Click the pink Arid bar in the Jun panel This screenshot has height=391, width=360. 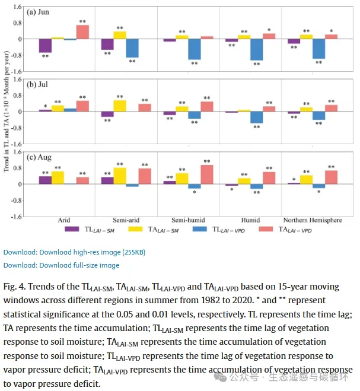pyautogui.click(x=82, y=32)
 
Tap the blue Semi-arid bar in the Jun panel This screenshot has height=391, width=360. pyautogui.click(x=132, y=49)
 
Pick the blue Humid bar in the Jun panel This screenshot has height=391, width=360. pyautogui.click(x=256, y=50)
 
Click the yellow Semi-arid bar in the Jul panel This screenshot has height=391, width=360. pyautogui.click(x=120, y=106)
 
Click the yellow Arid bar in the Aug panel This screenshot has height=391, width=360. pyautogui.click(x=58, y=177)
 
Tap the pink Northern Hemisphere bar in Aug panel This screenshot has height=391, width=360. pyautogui.click(x=331, y=177)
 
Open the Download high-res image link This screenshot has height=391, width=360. pyautogui.click(x=74, y=252)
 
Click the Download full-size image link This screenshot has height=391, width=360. pyautogui.click(x=61, y=265)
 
